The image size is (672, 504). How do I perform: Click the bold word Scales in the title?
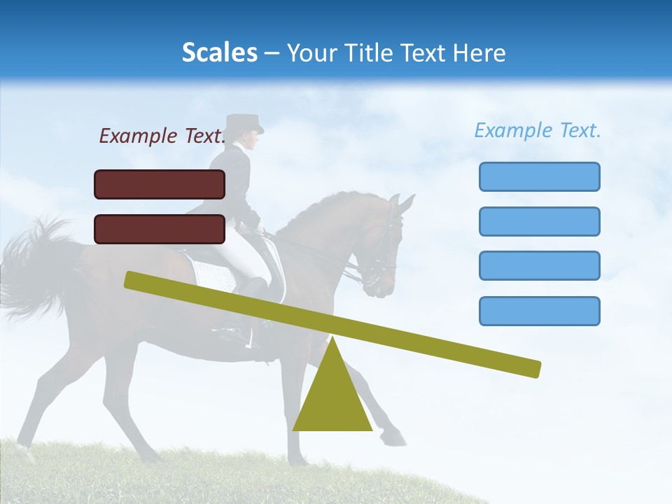click(219, 52)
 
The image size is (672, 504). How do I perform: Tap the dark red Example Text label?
click(162, 136)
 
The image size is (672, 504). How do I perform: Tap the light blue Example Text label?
click(538, 130)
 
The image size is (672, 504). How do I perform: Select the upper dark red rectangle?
click(160, 184)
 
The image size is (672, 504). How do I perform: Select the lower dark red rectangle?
click(160, 229)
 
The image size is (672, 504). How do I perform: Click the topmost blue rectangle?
click(539, 176)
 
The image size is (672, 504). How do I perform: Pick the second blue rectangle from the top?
click(539, 221)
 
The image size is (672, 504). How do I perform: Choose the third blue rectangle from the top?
click(539, 266)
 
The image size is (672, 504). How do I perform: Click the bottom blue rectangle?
click(539, 311)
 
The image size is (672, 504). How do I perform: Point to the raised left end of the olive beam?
click(133, 280)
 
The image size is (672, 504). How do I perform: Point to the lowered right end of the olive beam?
click(532, 368)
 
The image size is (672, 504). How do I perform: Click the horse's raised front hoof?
click(395, 440)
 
